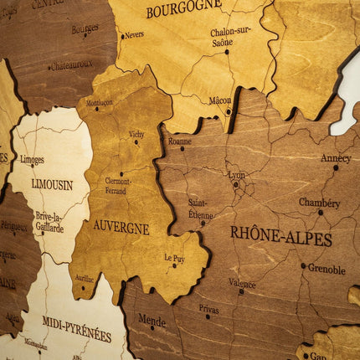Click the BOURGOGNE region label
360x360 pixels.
pyautogui.click(x=183, y=10)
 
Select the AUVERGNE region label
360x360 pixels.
pyautogui.click(x=121, y=227)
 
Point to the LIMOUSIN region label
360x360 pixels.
pyautogui.click(x=52, y=184)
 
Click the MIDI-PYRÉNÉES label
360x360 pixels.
pyautogui.click(x=76, y=328)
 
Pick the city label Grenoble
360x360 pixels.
pyautogui.click(x=327, y=270)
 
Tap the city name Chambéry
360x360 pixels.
pyautogui.click(x=320, y=203)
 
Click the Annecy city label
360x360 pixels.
pyautogui.click(x=336, y=157)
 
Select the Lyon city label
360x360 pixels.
pyautogui.click(x=237, y=176)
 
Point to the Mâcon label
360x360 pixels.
pyautogui.click(x=219, y=100)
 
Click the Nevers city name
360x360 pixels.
pyautogui.click(x=134, y=35)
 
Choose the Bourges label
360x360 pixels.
pyautogui.click(x=85, y=28)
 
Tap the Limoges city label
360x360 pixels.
pyautogui.click(x=32, y=159)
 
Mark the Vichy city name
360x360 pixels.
pyautogui.click(x=136, y=134)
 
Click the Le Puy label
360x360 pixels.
pyautogui.click(x=174, y=259)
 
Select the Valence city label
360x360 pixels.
pyautogui.click(x=242, y=283)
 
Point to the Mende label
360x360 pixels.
pyautogui.click(x=152, y=319)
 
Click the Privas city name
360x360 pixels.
pyautogui.click(x=208, y=308)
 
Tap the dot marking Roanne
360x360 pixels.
pyautogui.click(x=181, y=149)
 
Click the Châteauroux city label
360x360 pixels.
pyautogui.click(x=72, y=64)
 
